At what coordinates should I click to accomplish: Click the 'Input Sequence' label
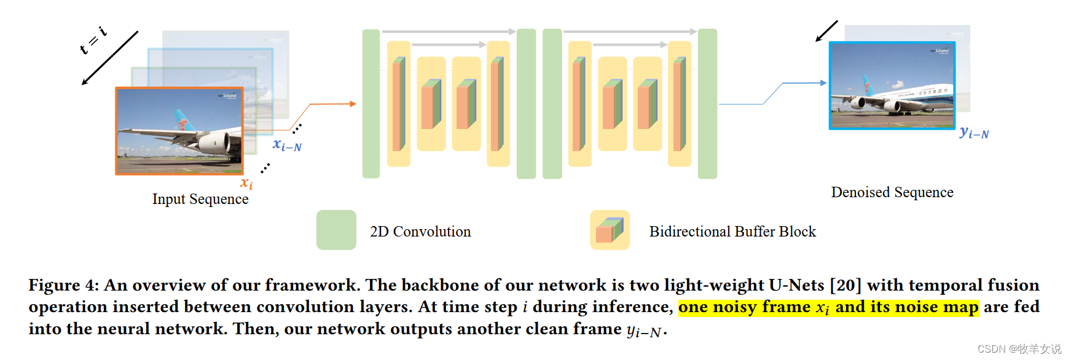(x=200, y=199)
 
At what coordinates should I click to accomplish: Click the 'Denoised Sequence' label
(x=892, y=192)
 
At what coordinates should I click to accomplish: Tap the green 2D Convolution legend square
(x=336, y=230)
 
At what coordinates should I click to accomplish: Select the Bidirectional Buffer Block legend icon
(x=610, y=230)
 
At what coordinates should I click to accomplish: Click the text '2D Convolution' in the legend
(x=420, y=232)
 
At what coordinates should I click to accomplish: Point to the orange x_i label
(x=246, y=183)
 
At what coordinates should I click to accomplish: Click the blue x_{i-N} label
(x=287, y=146)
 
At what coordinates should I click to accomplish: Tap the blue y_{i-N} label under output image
(x=974, y=133)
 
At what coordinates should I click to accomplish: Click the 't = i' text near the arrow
(x=93, y=41)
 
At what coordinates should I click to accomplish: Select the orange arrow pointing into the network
(x=353, y=104)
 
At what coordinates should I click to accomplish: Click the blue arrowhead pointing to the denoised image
(x=823, y=83)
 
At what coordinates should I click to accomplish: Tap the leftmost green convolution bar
(x=371, y=104)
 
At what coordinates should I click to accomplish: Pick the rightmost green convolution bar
(x=707, y=104)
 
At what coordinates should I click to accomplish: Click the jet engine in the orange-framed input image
(x=215, y=143)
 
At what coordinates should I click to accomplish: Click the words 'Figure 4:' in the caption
(x=63, y=285)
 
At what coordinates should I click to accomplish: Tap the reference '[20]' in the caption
(x=845, y=285)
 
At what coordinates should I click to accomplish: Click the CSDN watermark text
(x=1019, y=349)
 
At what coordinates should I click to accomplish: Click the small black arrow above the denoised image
(x=826, y=31)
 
